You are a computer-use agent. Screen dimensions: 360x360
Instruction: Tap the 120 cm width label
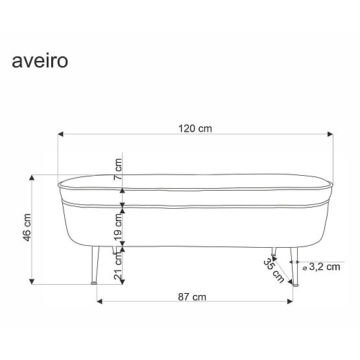click(x=196, y=128)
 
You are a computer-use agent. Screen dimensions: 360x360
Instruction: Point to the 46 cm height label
click(x=27, y=229)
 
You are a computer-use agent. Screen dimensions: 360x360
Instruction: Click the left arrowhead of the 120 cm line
click(x=60, y=134)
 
